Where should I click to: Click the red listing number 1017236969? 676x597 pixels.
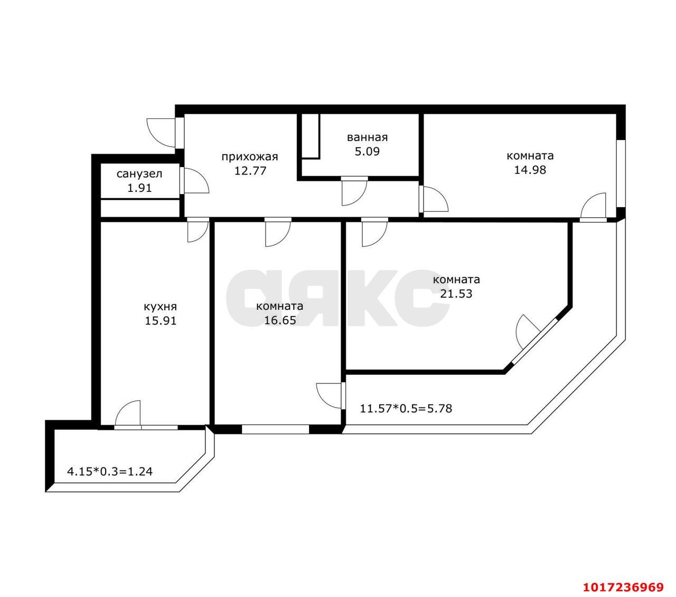pos(623,586)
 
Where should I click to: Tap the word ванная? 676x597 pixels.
pos(367,137)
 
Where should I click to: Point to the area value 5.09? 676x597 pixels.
pos(367,151)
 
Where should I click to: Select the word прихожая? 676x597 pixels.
pos(250,157)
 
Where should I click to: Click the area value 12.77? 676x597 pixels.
pos(250,171)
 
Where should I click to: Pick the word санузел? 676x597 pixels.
pos(139,174)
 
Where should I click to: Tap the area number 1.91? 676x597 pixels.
pos(139,188)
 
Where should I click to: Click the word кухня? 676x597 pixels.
pos(160,307)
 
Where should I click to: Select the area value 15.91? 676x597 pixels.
pos(160,321)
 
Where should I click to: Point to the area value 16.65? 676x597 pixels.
pos(280,320)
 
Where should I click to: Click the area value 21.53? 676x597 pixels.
pos(456,293)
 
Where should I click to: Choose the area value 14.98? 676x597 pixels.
pos(530,170)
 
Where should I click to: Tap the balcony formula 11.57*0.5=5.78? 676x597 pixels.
pos(406,408)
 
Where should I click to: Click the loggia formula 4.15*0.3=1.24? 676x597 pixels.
pos(110,471)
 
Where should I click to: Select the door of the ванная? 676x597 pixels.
pos(354,193)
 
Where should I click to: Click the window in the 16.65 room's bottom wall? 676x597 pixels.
pos(276,429)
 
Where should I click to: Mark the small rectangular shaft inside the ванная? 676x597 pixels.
pos(311,136)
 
